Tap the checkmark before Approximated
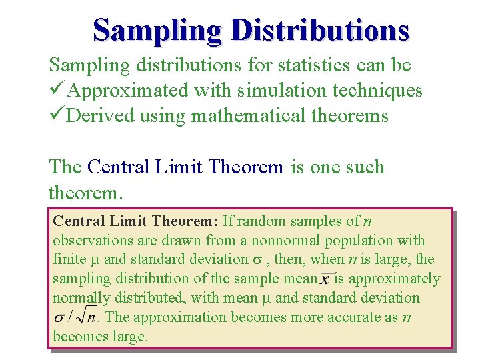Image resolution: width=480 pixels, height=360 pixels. (57, 90)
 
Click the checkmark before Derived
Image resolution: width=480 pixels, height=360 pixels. (57, 115)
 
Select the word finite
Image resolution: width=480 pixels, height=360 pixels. (69, 259)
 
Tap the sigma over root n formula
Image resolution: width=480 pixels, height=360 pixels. (74, 318)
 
